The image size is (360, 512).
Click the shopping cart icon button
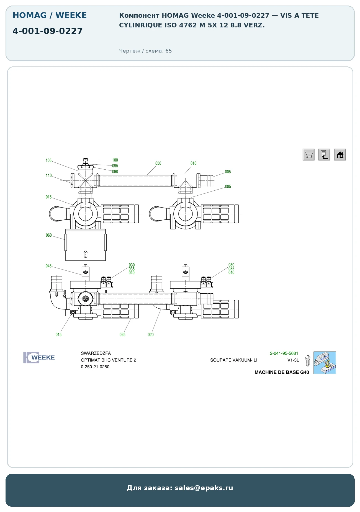(308, 154)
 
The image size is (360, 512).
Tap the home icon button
(340, 154)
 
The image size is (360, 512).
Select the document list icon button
(324, 154)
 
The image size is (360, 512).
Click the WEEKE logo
(39, 358)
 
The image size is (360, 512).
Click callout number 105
(49, 161)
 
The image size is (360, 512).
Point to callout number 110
(49, 175)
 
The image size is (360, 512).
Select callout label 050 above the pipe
(158, 163)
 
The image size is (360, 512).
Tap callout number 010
(193, 163)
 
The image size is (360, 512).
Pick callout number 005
(228, 172)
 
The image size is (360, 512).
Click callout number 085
(228, 187)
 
